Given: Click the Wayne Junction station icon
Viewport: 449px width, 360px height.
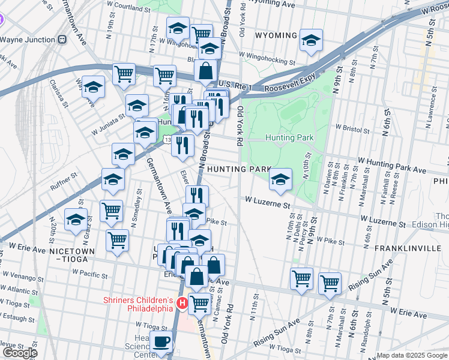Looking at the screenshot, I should click(x=61, y=40).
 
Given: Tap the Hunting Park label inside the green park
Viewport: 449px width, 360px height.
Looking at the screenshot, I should click(x=289, y=137).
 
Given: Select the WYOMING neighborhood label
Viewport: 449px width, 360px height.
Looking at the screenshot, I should click(x=276, y=35).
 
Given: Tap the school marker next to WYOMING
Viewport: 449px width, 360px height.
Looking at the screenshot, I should click(x=311, y=41).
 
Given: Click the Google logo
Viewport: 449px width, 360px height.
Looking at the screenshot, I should click(x=20, y=353).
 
